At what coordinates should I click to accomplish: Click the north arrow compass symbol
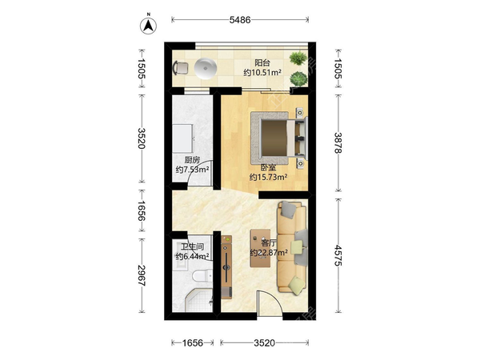pos(149,25)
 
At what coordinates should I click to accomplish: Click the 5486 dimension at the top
pos(240,20)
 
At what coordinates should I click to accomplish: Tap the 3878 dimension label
pos(338,142)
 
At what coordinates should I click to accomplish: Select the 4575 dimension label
pos(338,255)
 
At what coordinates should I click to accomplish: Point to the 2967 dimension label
pos(142,275)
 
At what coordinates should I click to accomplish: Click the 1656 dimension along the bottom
pos(193,343)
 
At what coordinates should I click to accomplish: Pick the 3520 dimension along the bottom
pos(265,343)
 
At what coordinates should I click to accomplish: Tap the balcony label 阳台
pos(262,62)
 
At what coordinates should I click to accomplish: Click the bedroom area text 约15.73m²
pos(269,177)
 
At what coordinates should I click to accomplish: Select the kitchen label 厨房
pos(192,160)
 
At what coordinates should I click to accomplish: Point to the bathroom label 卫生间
pos(193,246)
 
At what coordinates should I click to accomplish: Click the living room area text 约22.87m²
pos(269,253)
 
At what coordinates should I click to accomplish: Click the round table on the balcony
pos(206,69)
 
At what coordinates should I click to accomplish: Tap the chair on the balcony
pos(181,68)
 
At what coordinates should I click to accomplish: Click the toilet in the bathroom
pos(202,276)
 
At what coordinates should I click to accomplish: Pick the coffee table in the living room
pos(260,248)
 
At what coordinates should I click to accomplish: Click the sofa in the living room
pos(292,247)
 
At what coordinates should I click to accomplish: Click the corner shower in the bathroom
pos(199,300)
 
